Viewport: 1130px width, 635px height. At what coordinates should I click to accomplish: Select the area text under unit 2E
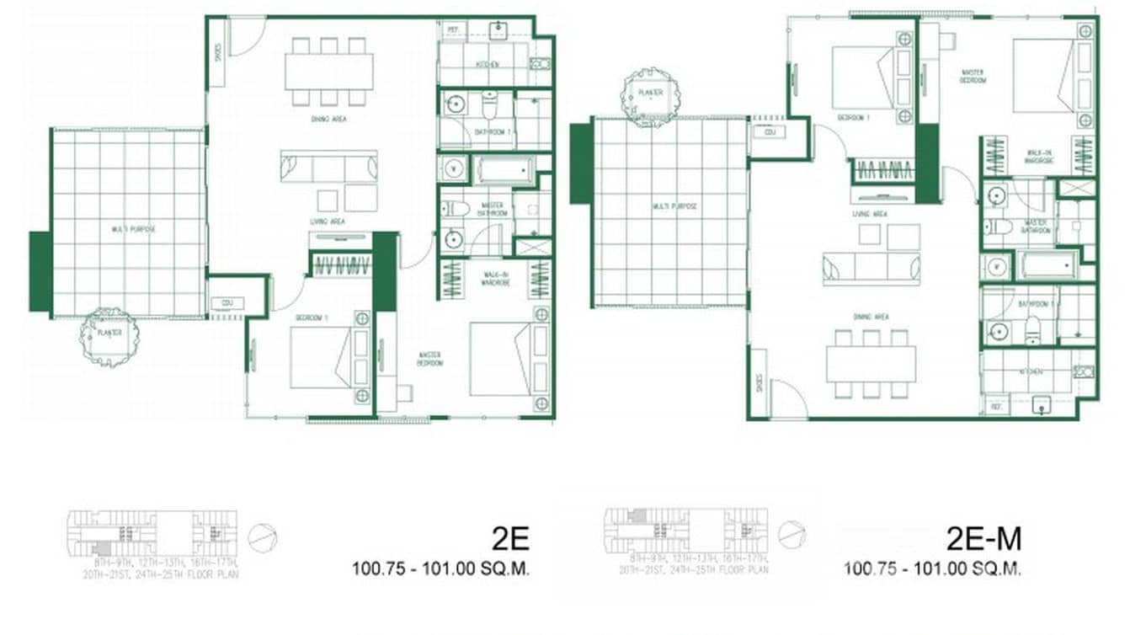440,568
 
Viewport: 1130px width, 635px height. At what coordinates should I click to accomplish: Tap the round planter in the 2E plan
109,335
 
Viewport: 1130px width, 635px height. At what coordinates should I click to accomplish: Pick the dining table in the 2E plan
328,72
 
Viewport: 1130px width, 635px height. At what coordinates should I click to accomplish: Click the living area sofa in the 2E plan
328,168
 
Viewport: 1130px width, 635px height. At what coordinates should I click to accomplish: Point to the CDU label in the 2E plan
227,303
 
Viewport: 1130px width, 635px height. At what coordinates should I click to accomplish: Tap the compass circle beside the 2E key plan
263,536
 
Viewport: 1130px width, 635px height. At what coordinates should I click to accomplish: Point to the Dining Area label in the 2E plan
328,120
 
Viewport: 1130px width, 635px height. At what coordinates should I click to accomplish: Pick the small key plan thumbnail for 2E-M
686,533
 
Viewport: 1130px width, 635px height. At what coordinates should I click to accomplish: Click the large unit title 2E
510,538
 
